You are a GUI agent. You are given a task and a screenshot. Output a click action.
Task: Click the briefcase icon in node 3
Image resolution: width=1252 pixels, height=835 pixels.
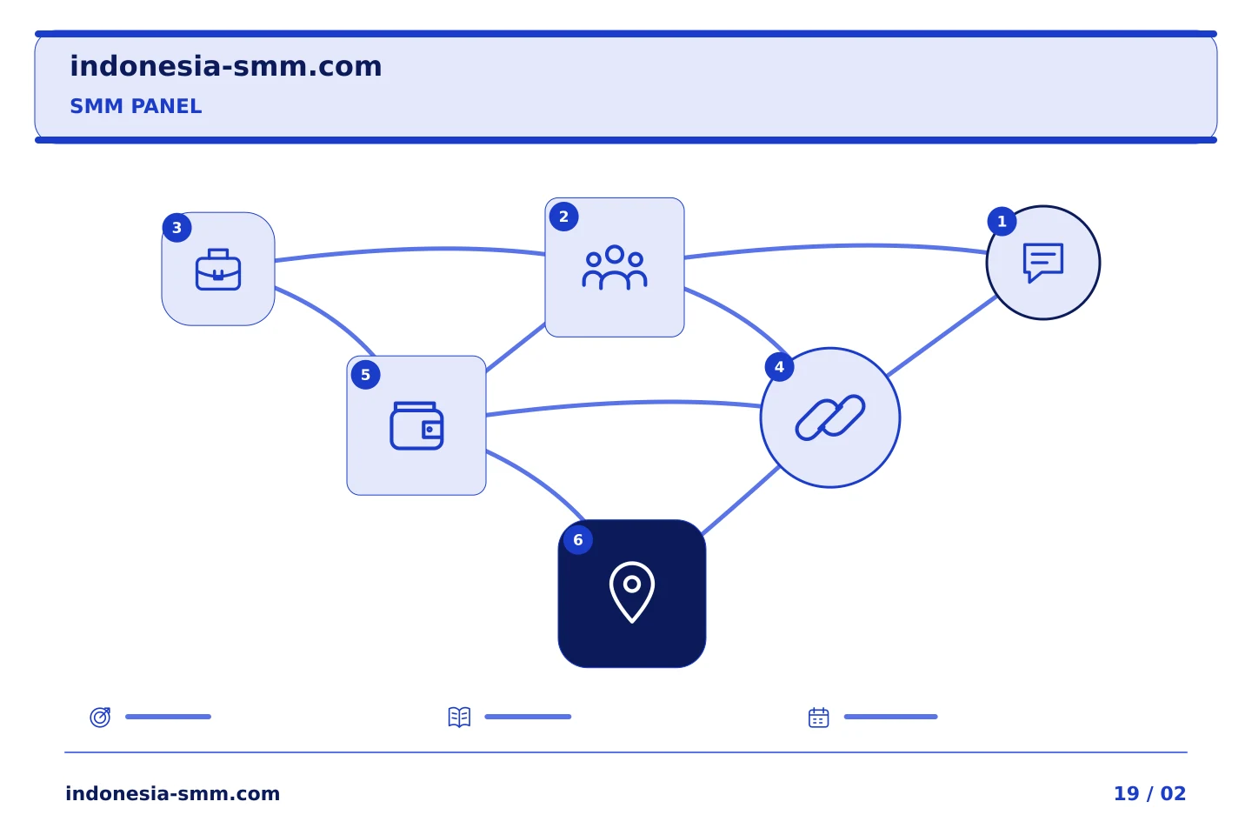point(218,270)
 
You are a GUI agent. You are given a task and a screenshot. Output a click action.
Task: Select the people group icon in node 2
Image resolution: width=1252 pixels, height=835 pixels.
point(614,267)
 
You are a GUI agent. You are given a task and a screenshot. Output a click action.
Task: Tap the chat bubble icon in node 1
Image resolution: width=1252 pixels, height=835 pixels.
point(1043,263)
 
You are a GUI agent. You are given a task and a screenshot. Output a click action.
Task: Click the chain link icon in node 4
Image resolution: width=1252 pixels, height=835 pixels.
point(830,417)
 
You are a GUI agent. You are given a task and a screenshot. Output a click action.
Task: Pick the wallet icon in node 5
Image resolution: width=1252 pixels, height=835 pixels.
point(416,425)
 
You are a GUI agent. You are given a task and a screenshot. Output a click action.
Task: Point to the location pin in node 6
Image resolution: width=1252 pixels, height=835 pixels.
point(631,592)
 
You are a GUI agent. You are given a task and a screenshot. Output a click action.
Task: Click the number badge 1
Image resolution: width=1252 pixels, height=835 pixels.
point(1002,222)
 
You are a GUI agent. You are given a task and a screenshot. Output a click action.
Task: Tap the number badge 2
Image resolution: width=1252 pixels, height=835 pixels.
point(563,217)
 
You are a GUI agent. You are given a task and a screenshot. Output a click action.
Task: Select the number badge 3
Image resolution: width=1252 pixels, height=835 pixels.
point(176,228)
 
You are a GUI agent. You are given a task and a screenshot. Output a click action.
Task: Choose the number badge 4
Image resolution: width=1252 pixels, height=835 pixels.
point(779,367)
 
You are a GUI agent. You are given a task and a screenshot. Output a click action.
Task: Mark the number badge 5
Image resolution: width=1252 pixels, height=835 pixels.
point(365,375)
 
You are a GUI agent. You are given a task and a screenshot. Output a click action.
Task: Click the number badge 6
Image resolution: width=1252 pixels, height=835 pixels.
point(578,539)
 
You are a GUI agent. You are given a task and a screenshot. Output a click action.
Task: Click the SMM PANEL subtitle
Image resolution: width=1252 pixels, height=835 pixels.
point(136,106)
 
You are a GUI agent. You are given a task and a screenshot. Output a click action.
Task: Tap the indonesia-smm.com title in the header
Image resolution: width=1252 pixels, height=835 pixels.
point(226,66)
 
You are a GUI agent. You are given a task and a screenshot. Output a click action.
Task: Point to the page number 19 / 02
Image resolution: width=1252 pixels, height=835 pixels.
point(1149,793)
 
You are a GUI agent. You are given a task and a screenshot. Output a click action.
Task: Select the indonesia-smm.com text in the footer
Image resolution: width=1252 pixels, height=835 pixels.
point(173,793)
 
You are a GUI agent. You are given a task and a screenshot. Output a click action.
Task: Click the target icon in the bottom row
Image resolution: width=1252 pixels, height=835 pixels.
point(101,717)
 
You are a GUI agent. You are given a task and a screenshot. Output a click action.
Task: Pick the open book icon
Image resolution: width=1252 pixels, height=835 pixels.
point(459,717)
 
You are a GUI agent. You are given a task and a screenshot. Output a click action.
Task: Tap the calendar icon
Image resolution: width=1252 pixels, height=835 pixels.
point(819,718)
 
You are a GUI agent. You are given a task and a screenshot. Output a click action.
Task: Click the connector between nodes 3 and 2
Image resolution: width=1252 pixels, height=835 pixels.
point(410,249)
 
